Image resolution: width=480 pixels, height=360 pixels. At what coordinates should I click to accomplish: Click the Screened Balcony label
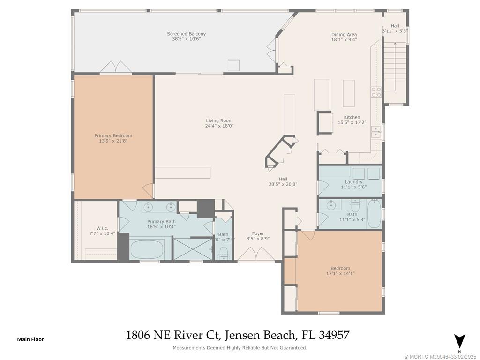[186, 34]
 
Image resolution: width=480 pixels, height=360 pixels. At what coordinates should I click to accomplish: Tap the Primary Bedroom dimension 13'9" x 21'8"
[113, 141]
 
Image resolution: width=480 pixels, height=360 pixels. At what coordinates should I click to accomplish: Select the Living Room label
[219, 120]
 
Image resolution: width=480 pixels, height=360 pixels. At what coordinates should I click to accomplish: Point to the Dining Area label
[344, 34]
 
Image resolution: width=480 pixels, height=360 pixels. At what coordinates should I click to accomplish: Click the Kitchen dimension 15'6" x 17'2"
[352, 122]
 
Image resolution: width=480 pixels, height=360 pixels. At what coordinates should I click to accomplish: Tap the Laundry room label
[353, 182]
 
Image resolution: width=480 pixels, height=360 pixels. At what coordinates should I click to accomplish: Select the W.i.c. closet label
[102, 228]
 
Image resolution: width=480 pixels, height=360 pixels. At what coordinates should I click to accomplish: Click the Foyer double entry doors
[255, 255]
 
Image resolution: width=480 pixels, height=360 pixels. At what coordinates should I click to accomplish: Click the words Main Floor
[30, 339]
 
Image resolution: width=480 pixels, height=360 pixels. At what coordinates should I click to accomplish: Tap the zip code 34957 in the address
[334, 335]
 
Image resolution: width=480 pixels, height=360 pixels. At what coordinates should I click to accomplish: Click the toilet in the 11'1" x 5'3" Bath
[355, 204]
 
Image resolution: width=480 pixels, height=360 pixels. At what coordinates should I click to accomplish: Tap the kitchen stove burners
[376, 92]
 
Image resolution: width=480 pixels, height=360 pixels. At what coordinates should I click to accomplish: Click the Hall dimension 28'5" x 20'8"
[283, 184]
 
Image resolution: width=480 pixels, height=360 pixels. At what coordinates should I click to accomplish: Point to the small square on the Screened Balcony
[234, 65]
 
